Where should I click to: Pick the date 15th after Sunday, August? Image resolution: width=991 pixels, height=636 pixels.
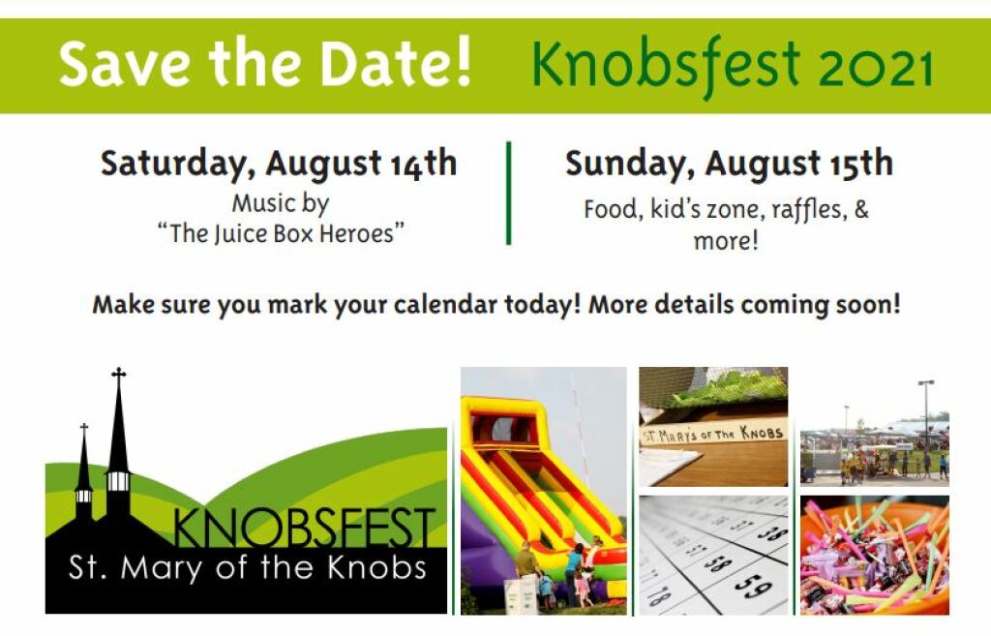860,163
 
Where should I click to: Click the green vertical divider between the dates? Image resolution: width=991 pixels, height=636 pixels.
508,193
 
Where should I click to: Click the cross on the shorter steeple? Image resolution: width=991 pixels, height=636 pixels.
83,427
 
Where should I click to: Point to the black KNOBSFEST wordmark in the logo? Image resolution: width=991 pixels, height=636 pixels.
303,528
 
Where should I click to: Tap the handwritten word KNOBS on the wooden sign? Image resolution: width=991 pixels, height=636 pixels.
763,433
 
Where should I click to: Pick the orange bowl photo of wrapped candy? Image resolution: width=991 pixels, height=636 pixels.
874,555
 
